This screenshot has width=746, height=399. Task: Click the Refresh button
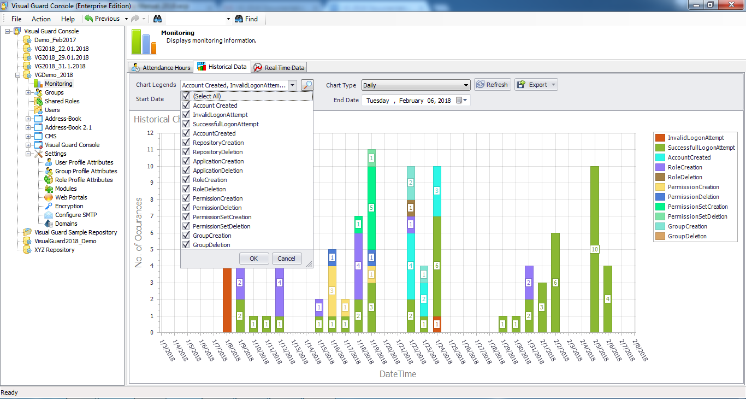click(x=492, y=85)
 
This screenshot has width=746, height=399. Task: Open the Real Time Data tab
click(x=279, y=68)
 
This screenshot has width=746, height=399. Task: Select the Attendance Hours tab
click(x=161, y=68)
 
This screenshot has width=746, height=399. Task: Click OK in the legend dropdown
click(x=254, y=259)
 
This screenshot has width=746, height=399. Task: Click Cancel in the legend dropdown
click(x=286, y=259)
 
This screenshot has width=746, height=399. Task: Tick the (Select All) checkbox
click(x=186, y=96)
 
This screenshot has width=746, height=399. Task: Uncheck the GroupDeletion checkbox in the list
click(x=186, y=245)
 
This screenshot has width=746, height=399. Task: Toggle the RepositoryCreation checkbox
click(x=186, y=143)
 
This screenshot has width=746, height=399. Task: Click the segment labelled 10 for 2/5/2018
click(x=595, y=249)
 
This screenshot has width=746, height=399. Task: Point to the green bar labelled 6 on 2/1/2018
click(x=555, y=283)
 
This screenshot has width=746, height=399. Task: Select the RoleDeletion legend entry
click(x=684, y=177)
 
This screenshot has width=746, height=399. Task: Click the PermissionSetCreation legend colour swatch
click(x=660, y=207)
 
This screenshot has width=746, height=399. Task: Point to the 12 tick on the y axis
click(x=151, y=133)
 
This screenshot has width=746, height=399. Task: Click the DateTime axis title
click(x=398, y=374)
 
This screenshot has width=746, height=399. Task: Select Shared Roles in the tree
click(x=62, y=101)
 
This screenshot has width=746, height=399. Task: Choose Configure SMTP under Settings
click(x=75, y=215)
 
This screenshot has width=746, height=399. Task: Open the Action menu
click(x=41, y=19)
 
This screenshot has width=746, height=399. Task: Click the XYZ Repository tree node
click(x=54, y=250)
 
